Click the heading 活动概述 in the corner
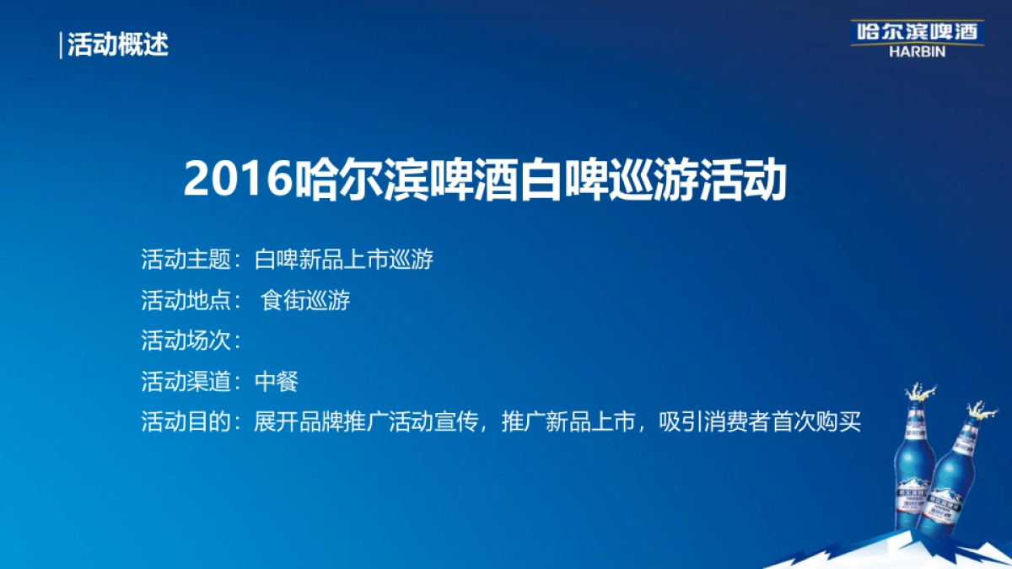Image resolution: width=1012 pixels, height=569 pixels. pos(118,44)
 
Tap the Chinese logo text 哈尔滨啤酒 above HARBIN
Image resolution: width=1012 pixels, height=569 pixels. pos(916,31)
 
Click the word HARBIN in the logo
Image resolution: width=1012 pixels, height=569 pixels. pos(917,51)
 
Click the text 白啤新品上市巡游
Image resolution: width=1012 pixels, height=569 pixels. pos(344,260)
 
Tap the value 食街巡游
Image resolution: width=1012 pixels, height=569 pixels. pos(305,301)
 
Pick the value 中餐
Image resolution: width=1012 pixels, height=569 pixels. pos(277,382)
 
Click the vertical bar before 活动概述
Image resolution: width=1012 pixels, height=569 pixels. pos(62,44)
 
